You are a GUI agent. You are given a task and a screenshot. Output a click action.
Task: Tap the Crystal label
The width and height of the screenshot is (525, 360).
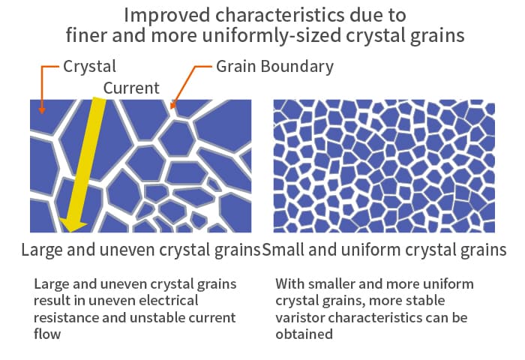(x=89, y=67)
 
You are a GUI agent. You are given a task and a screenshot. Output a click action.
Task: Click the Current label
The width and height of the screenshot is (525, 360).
(x=131, y=88)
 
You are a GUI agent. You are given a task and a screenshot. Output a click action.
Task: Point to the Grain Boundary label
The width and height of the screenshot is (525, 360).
(x=274, y=67)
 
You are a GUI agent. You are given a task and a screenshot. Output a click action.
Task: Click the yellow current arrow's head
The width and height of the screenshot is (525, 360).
(x=73, y=224)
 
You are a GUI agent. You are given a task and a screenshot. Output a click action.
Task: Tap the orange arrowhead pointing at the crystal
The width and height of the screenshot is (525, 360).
(x=41, y=110)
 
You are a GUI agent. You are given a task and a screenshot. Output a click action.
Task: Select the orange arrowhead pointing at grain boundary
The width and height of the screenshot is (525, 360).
(x=172, y=104)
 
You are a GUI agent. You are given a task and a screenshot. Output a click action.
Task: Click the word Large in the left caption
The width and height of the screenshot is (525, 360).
(x=42, y=250)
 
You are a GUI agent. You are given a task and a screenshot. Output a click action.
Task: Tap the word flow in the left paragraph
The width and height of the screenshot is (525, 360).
(x=47, y=334)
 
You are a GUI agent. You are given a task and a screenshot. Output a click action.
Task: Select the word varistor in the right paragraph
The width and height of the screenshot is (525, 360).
(x=300, y=317)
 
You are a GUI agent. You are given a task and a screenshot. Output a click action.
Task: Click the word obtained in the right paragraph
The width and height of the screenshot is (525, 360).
(x=304, y=334)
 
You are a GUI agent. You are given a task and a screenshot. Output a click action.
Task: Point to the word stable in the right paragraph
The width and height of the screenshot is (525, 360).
(x=425, y=301)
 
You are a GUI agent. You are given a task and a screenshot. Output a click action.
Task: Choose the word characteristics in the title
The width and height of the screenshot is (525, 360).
(x=280, y=16)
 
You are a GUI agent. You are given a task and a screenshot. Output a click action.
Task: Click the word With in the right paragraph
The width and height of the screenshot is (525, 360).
(x=290, y=284)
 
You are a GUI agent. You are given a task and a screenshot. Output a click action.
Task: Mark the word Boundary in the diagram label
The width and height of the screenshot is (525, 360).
(x=297, y=67)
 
